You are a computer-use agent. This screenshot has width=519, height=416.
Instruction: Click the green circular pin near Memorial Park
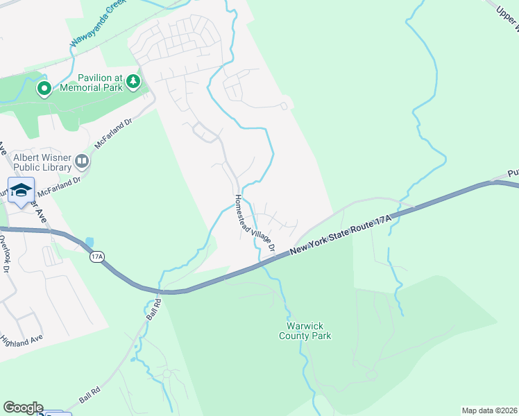click(x=44, y=88)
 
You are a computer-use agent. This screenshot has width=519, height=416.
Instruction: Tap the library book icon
click(x=82, y=162)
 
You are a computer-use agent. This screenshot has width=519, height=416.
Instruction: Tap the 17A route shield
click(x=96, y=257)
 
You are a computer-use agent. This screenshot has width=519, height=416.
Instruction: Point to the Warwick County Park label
click(x=305, y=331)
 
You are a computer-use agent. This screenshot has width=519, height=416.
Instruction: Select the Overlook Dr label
click(x=6, y=252)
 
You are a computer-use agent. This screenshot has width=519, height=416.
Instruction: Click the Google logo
click(x=22, y=407)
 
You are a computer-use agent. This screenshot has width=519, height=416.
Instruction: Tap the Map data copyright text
click(x=489, y=410)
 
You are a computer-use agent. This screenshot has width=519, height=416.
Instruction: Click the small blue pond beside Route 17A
click(x=90, y=244)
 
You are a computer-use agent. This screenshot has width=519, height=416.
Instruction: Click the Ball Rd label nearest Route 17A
click(x=153, y=309)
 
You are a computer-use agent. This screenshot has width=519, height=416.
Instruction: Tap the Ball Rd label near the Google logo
click(x=90, y=396)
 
